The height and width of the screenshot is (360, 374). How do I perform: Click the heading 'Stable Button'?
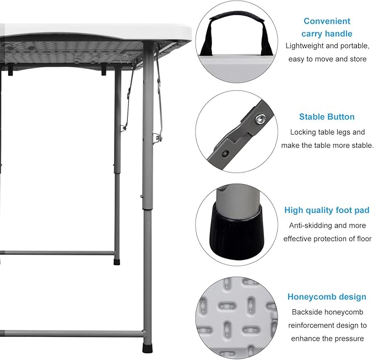point(327,117)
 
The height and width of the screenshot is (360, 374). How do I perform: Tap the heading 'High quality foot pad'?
point(327,210)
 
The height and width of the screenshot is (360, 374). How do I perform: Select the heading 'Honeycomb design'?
point(327,297)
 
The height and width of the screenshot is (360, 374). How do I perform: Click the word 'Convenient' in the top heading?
point(327,21)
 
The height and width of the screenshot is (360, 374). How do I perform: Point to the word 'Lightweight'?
point(305,46)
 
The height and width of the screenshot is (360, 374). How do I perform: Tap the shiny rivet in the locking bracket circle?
point(259,119)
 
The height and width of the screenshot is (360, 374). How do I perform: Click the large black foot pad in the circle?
point(237,233)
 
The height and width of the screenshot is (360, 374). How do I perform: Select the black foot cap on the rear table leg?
point(117,261)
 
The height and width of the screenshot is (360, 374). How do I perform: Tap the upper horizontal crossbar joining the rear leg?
point(57,253)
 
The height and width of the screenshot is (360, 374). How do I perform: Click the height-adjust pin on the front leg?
point(142,196)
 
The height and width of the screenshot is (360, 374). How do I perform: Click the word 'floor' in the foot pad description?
point(365,239)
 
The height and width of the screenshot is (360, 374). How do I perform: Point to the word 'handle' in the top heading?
point(340,34)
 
